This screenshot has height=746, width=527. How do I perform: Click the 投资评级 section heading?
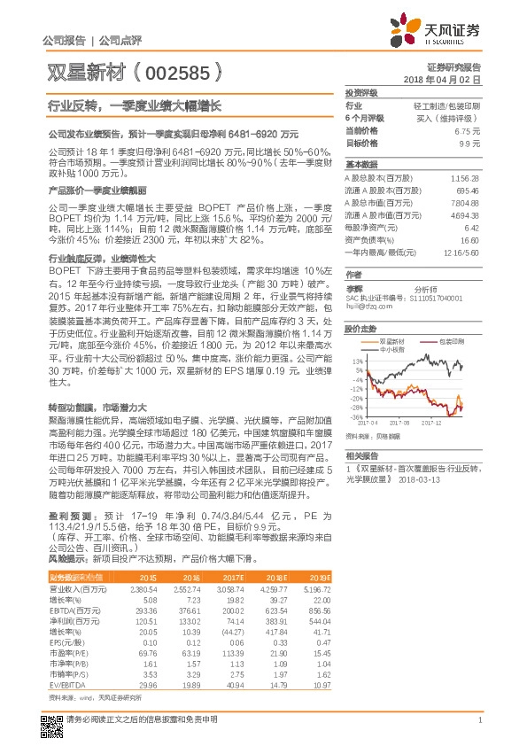361,92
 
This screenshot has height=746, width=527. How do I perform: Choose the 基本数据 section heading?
361,165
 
